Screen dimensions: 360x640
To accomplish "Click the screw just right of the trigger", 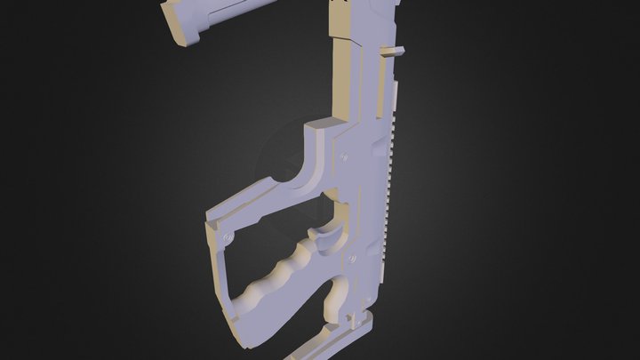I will coord(352,258).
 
